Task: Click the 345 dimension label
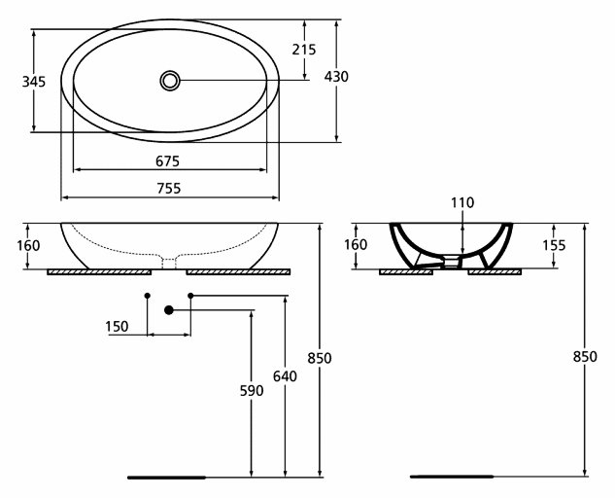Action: tap(33, 83)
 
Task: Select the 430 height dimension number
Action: tap(336, 77)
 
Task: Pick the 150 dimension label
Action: tap(117, 327)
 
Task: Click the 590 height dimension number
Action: tap(253, 391)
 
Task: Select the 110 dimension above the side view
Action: tap(461, 203)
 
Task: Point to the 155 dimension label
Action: tap(553, 246)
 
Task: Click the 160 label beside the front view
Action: tap(28, 245)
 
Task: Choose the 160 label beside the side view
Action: tap(357, 245)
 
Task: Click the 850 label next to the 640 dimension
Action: tap(321, 358)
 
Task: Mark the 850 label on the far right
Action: tap(585, 358)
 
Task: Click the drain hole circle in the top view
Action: tap(170, 80)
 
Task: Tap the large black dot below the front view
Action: tap(169, 310)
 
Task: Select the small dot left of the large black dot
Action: tap(147, 294)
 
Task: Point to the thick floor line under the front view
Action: tap(167, 477)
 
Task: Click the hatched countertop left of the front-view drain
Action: tap(104, 271)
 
